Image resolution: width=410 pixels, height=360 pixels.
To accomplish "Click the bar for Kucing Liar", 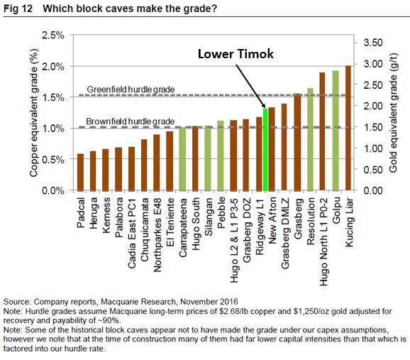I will point(348,129).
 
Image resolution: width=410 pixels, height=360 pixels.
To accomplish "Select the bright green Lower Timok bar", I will point(265,150).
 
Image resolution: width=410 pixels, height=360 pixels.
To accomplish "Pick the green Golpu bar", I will point(335,131).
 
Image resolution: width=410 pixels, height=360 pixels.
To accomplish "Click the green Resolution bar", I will point(310,140).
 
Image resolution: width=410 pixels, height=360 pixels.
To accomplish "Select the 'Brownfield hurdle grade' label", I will point(130,121).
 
